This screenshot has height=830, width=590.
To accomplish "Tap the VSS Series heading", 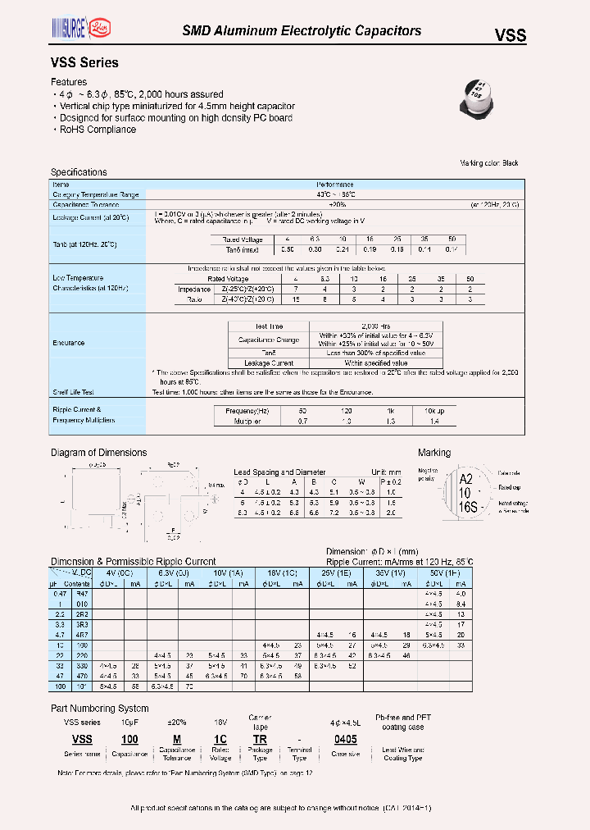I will pyautogui.click(x=84, y=63).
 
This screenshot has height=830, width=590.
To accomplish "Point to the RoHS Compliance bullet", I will pyautogui.click(x=98, y=130).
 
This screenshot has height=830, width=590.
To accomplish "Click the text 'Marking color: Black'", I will pyautogui.click(x=489, y=163).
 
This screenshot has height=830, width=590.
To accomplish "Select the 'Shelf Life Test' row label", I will pyautogui.click(x=74, y=392).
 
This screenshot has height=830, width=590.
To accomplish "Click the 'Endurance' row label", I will pyautogui.click(x=69, y=344).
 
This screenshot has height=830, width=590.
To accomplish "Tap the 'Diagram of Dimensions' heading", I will pyautogui.click(x=99, y=453).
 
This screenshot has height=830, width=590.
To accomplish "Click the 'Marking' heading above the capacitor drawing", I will pyautogui.click(x=433, y=453).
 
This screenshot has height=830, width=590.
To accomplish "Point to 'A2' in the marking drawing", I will pyautogui.click(x=465, y=480).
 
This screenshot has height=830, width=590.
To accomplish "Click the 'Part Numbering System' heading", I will pyautogui.click(x=100, y=708).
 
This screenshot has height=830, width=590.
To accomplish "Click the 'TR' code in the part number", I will pyautogui.click(x=261, y=739).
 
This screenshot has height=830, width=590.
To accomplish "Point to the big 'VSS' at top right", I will pyautogui.click(x=509, y=35).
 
